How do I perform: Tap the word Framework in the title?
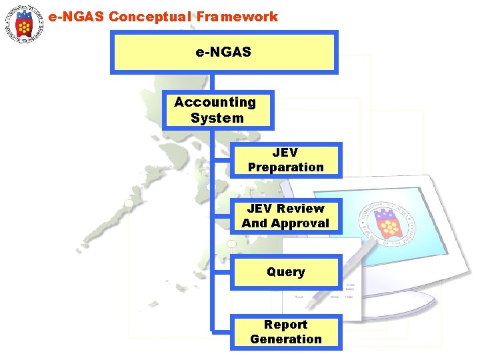(x=237, y=17)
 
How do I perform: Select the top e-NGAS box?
(x=224, y=51)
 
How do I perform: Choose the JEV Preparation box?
(x=285, y=160)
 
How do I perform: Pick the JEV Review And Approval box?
(x=285, y=216)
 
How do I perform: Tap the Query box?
(x=285, y=272)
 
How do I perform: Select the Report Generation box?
(x=285, y=331)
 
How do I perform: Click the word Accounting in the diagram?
(x=215, y=102)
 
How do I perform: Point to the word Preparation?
(x=285, y=167)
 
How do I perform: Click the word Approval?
(x=304, y=223)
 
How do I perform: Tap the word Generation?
(x=285, y=339)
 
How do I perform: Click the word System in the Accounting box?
(x=217, y=118)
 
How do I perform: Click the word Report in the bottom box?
(x=285, y=325)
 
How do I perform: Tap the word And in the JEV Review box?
(x=253, y=223)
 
